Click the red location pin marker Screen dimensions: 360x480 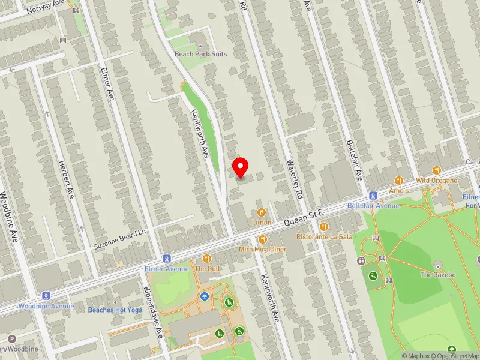click(241, 167)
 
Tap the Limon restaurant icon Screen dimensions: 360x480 click(262, 212)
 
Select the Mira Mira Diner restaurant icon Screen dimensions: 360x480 click(262, 239)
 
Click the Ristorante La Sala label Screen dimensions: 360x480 click(324, 236)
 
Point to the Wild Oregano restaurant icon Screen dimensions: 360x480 click(436, 170)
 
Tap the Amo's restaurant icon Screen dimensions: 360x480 click(398, 180)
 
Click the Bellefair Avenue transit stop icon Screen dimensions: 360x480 click(373, 196)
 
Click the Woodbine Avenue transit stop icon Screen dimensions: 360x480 click(46, 296)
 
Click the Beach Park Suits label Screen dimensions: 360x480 click(200, 54)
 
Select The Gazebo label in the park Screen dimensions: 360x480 click(437, 274)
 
